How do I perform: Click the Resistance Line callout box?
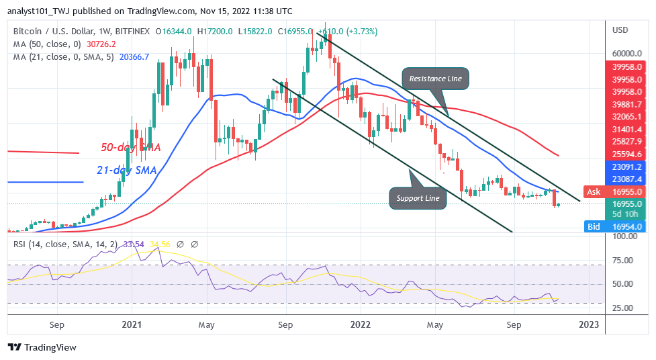[435, 79]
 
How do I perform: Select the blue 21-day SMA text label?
[127, 171]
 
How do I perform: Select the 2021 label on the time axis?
[132, 325]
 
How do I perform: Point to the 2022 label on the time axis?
[361, 325]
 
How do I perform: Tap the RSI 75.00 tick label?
[624, 261]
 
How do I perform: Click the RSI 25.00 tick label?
[624, 308]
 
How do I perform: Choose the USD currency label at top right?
[620, 30]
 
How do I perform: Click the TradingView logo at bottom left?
[42, 347]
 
